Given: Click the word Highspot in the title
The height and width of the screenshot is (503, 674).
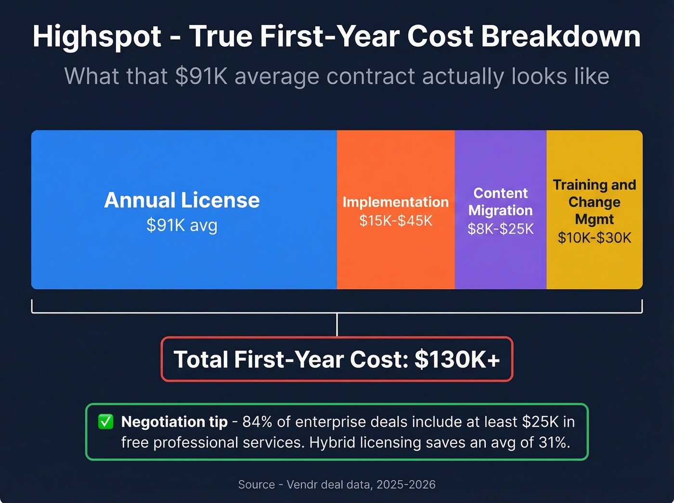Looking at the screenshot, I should pos(97,37).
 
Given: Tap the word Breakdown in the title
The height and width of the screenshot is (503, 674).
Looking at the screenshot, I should pos(561,37).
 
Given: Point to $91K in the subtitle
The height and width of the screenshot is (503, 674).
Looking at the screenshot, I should pos(201,77).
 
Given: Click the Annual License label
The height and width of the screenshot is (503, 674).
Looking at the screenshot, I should pos(182,200).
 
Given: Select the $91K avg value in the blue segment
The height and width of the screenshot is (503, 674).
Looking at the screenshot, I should pos(182,225).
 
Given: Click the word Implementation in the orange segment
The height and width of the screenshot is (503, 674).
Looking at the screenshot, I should pos(396,202).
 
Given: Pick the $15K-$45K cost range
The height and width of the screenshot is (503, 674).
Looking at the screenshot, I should pos(396,221).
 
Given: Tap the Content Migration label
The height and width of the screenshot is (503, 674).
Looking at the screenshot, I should pos(501,202).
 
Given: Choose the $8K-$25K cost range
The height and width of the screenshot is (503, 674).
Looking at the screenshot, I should pos(501,229).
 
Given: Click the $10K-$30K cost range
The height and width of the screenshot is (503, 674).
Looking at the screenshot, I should pos(595,238).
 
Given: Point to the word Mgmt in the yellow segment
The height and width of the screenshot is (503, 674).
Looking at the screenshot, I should pos(595,219).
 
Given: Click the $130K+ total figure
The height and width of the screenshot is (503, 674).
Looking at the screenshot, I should pos(457,360).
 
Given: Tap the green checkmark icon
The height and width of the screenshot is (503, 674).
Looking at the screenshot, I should pos(105,422).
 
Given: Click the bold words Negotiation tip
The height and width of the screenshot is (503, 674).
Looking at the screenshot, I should pos(174,422).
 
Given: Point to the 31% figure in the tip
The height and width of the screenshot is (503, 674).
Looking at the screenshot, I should pos(554,442).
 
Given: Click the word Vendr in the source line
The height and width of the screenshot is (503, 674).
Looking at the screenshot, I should pos(302,485).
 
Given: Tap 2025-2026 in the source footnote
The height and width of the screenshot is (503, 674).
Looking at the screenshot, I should pos(406,485).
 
